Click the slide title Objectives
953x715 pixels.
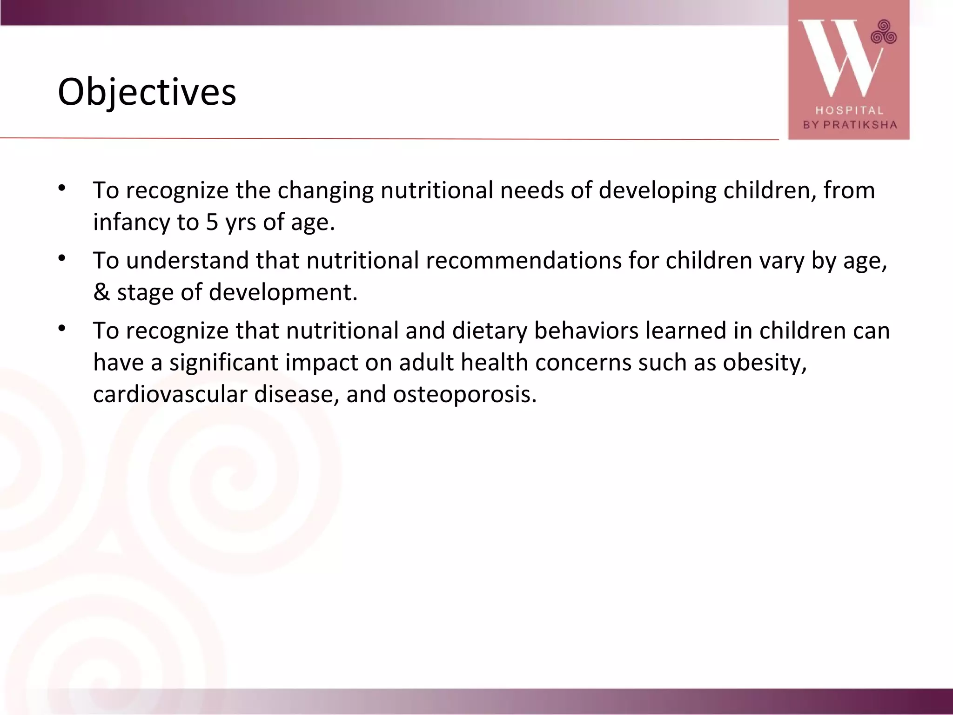tap(147, 92)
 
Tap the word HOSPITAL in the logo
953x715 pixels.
tap(849, 110)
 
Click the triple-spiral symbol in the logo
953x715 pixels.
tap(884, 32)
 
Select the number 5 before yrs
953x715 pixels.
tap(212, 222)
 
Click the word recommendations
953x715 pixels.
tap(524, 260)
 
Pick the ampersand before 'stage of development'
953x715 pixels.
tap(101, 292)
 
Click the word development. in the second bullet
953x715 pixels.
tap(283, 292)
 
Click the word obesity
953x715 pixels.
tap(765, 363)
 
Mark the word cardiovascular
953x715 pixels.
tap(170, 394)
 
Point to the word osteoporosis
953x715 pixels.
tap(465, 394)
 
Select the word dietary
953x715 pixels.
tap(490, 331)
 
